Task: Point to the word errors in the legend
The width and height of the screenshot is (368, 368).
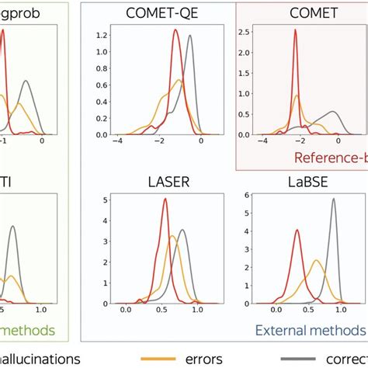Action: coord(202,359)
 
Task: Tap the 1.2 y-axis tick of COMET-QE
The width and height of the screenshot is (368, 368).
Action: coord(98,36)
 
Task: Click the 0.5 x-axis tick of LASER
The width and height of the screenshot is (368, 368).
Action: coord(161,310)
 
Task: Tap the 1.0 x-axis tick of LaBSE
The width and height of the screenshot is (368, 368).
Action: coord(333,310)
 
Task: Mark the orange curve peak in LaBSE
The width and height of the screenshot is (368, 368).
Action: coord(316,261)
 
